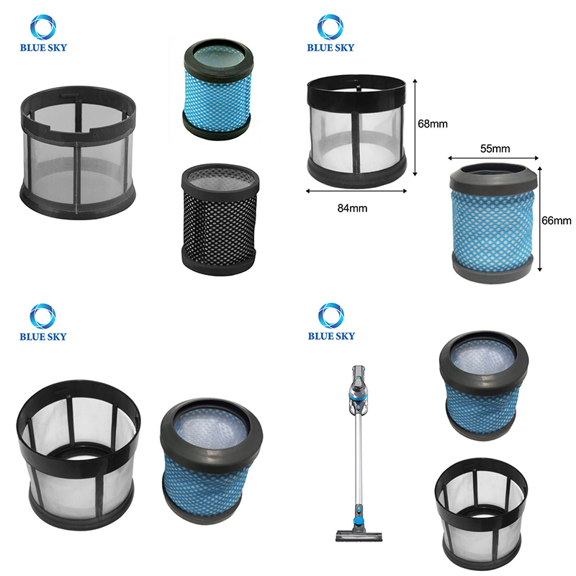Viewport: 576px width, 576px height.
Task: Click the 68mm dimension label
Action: pyautogui.click(x=433, y=124)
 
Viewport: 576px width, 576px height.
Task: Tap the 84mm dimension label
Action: pyautogui.click(x=352, y=208)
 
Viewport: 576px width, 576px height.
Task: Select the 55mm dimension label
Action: pyautogui.click(x=495, y=149)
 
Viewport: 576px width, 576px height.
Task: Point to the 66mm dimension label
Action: pyautogui.click(x=556, y=220)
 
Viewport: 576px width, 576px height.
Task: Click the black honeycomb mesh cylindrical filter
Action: pyautogui.click(x=220, y=220)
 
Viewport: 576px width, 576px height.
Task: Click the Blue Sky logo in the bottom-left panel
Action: pyautogui.click(x=43, y=322)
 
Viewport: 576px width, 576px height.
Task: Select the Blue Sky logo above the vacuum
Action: pyautogui.click(x=331, y=322)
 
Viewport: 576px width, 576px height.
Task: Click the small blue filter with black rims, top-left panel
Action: pyautogui.click(x=218, y=89)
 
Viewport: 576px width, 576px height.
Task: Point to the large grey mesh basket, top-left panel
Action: pyautogui.click(x=78, y=153)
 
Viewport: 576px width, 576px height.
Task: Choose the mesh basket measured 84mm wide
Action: pyautogui.click(x=356, y=130)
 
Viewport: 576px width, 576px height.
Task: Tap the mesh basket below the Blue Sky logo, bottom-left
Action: pyautogui.click(x=78, y=455)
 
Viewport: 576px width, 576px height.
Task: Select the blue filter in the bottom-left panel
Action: pyautogui.click(x=211, y=456)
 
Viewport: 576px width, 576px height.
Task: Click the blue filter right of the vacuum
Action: pyautogui.click(x=484, y=385)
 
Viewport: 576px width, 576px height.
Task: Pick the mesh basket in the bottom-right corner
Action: pyautogui.click(x=481, y=513)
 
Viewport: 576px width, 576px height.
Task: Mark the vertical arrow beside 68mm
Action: pyautogui.click(x=415, y=127)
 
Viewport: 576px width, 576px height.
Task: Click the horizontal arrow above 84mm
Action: pyautogui.click(x=356, y=191)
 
